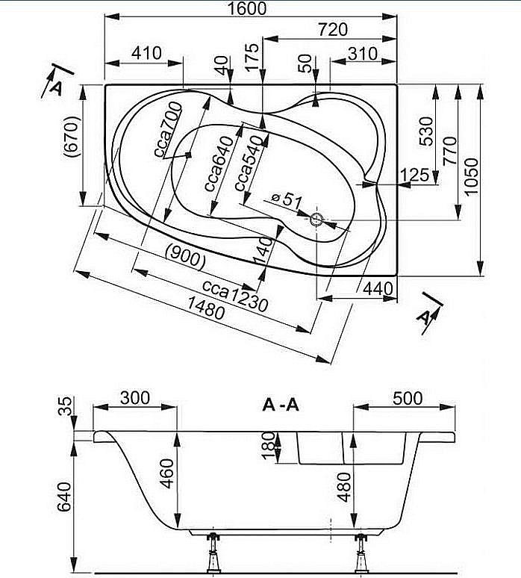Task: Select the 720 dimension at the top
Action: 332,30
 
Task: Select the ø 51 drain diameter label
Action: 286,199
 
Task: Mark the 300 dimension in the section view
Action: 134,397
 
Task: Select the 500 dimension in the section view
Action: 407,397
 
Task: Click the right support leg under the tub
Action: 362,553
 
